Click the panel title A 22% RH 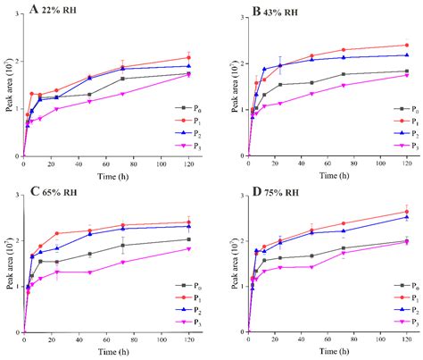click(52, 10)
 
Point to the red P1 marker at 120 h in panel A click(188, 57)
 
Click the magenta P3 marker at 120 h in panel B click(407, 75)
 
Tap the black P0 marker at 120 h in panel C click(188, 239)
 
